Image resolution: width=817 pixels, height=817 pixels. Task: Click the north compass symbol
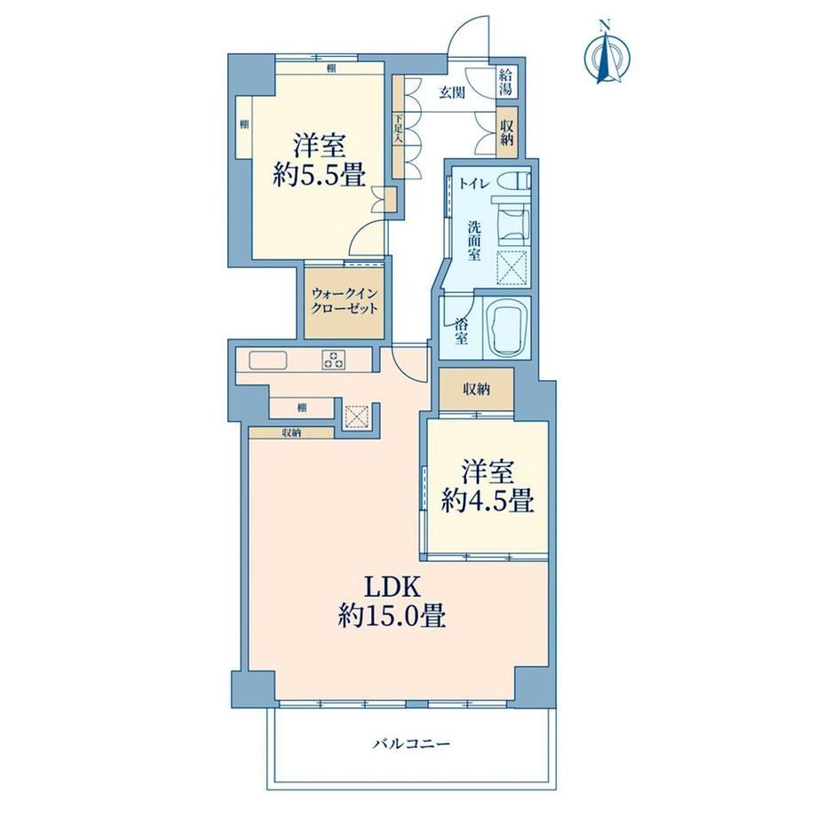(x=607, y=52)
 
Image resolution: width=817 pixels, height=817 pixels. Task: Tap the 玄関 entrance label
(x=452, y=94)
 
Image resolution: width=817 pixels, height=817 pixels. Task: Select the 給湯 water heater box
(x=505, y=82)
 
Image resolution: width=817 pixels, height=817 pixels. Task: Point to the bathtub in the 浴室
(x=506, y=329)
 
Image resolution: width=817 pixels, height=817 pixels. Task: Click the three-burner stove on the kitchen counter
(x=334, y=360)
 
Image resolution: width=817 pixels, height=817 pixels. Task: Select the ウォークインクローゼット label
(x=344, y=301)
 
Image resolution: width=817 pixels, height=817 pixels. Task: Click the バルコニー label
(x=410, y=743)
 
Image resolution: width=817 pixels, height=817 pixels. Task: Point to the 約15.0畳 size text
(x=392, y=618)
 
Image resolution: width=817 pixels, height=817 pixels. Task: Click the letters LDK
(x=392, y=588)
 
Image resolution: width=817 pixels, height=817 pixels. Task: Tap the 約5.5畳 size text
(x=319, y=175)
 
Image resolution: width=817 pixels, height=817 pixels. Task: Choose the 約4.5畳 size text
(x=488, y=503)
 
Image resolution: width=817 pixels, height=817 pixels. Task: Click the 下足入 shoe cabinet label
(x=399, y=129)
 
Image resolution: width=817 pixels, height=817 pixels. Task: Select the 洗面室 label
(x=473, y=241)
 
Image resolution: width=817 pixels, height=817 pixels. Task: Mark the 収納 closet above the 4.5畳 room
(x=476, y=389)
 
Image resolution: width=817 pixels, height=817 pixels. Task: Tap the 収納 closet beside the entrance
(x=507, y=132)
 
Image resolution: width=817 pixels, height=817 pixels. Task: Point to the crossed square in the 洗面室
(x=513, y=267)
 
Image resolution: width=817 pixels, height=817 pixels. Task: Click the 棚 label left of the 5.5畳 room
(x=244, y=124)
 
